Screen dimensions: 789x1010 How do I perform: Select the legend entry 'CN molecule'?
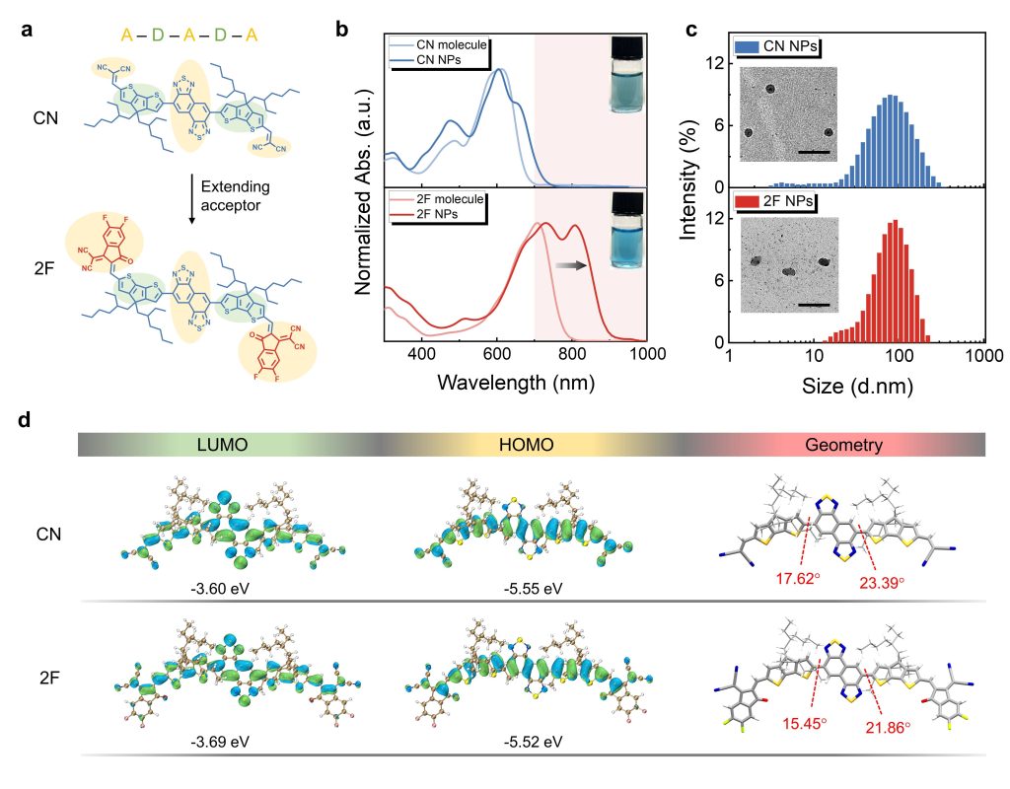[444, 44]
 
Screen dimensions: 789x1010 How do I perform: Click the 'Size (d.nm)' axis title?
[856, 387]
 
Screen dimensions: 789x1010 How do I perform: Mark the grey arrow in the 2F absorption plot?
[571, 264]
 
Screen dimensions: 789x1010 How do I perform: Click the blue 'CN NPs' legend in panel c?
[779, 46]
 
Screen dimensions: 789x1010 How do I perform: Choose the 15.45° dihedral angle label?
[800, 725]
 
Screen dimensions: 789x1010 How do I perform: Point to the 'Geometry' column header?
[843, 446]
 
